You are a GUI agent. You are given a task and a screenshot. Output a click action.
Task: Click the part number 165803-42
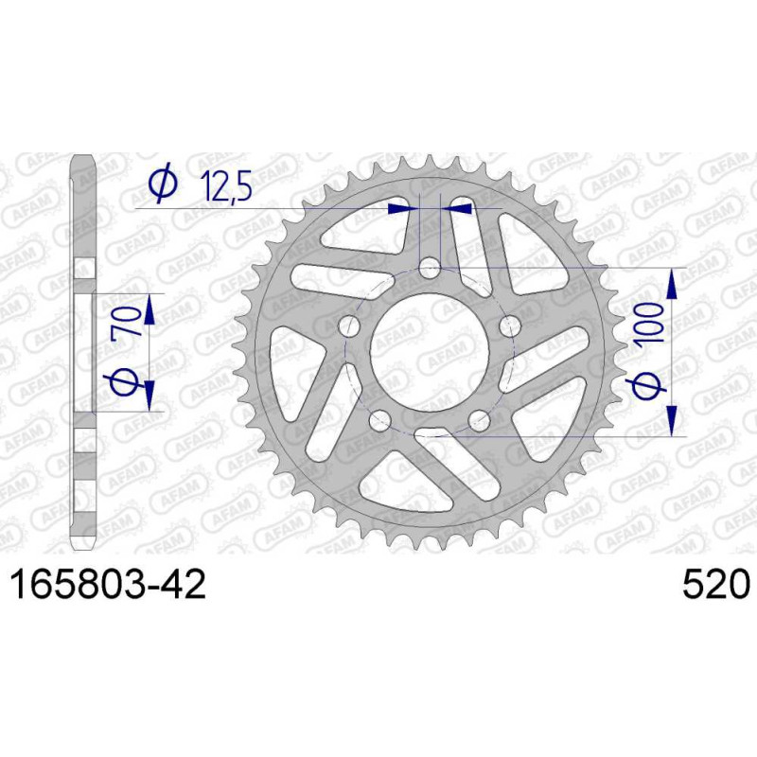(x=109, y=584)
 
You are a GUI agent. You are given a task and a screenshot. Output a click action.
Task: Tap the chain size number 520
(x=716, y=584)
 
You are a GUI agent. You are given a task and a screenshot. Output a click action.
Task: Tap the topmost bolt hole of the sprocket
(x=430, y=268)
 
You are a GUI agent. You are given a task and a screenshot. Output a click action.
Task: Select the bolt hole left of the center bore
(x=349, y=326)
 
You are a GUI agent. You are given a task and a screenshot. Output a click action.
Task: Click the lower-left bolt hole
(x=379, y=420)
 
